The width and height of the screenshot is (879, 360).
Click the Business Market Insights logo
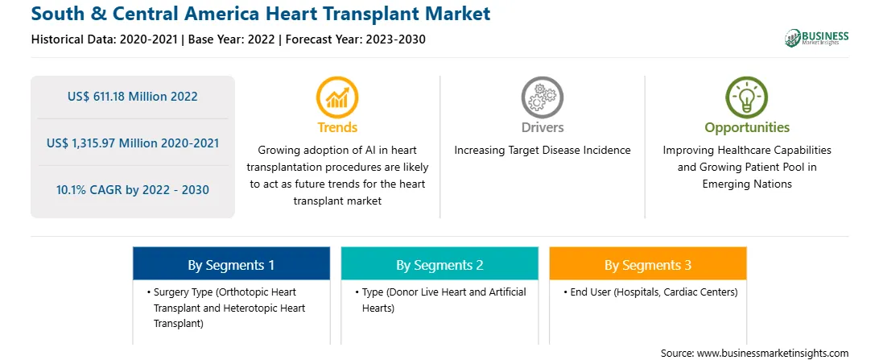click(x=817, y=38)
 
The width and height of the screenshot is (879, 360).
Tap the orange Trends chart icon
click(x=337, y=97)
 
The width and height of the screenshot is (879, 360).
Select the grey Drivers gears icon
click(x=542, y=97)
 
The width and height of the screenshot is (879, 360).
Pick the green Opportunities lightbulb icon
click(x=747, y=97)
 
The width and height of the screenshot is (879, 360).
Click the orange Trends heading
click(x=337, y=127)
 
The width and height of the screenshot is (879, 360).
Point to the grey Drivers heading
click(x=542, y=127)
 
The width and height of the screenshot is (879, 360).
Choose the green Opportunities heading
click(x=747, y=128)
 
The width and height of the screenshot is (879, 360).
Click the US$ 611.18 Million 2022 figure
click(x=133, y=97)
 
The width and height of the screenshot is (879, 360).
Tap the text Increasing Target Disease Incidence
click(x=542, y=151)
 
